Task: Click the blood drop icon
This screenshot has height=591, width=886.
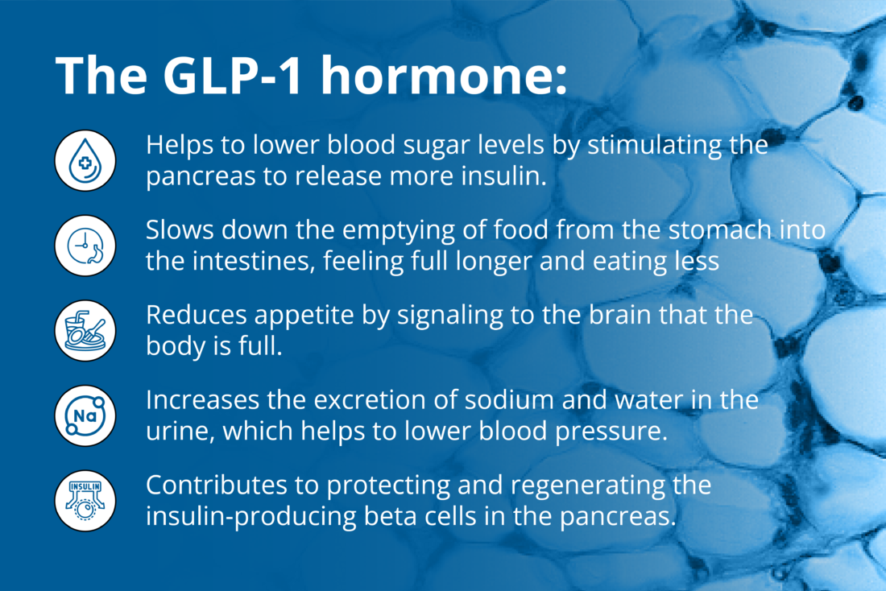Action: pos(85,160)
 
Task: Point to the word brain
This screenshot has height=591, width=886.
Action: pos(606,316)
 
